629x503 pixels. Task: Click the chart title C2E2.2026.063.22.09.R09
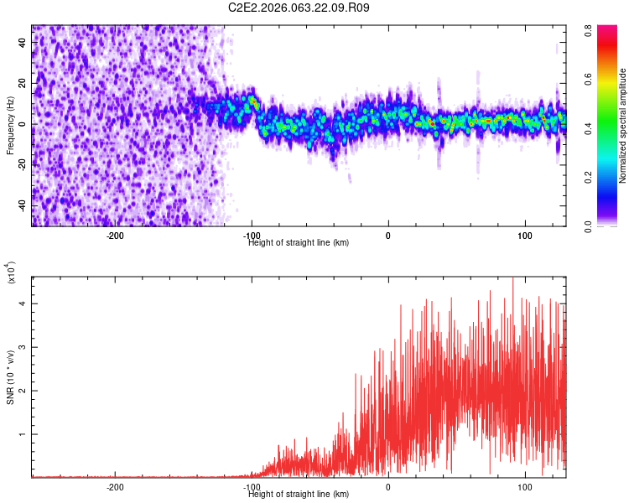coord(299,8)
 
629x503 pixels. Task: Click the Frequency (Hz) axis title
coord(11,126)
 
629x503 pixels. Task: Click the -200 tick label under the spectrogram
coord(116,236)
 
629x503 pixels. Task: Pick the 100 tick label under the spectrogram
coord(525,236)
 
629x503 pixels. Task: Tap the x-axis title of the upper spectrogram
coord(299,243)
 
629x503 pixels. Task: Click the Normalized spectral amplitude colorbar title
coord(624,126)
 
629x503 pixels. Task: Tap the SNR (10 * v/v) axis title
coord(11,377)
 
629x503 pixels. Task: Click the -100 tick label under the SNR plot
coord(252,487)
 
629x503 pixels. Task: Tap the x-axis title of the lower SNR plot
coord(299,495)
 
